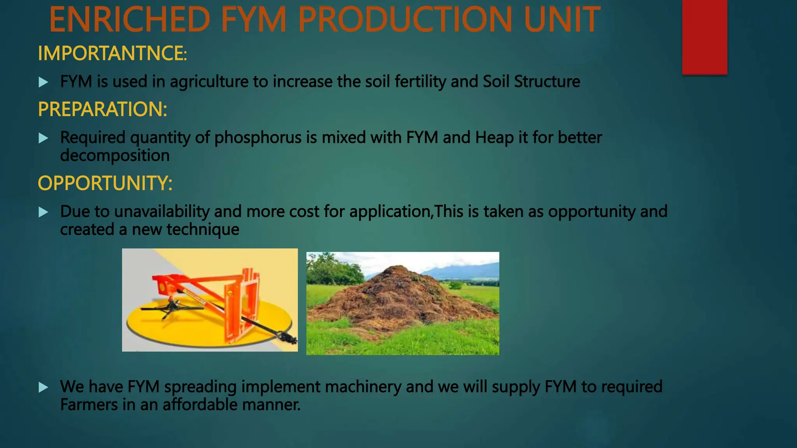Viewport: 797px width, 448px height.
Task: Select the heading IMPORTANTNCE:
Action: coord(112,53)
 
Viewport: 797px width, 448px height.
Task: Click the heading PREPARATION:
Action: coord(102,109)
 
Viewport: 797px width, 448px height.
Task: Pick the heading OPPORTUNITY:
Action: coord(105,183)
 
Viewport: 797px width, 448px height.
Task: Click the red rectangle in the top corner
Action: coord(704,37)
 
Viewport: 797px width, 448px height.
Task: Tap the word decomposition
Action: coord(115,156)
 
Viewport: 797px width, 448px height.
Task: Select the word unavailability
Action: coord(162,212)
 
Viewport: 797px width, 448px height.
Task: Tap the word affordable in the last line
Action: coord(200,404)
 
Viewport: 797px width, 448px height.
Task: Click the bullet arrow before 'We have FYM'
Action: coord(44,387)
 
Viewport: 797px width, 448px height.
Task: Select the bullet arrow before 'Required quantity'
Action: coord(44,138)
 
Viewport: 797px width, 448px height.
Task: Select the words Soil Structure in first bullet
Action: coord(531,82)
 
